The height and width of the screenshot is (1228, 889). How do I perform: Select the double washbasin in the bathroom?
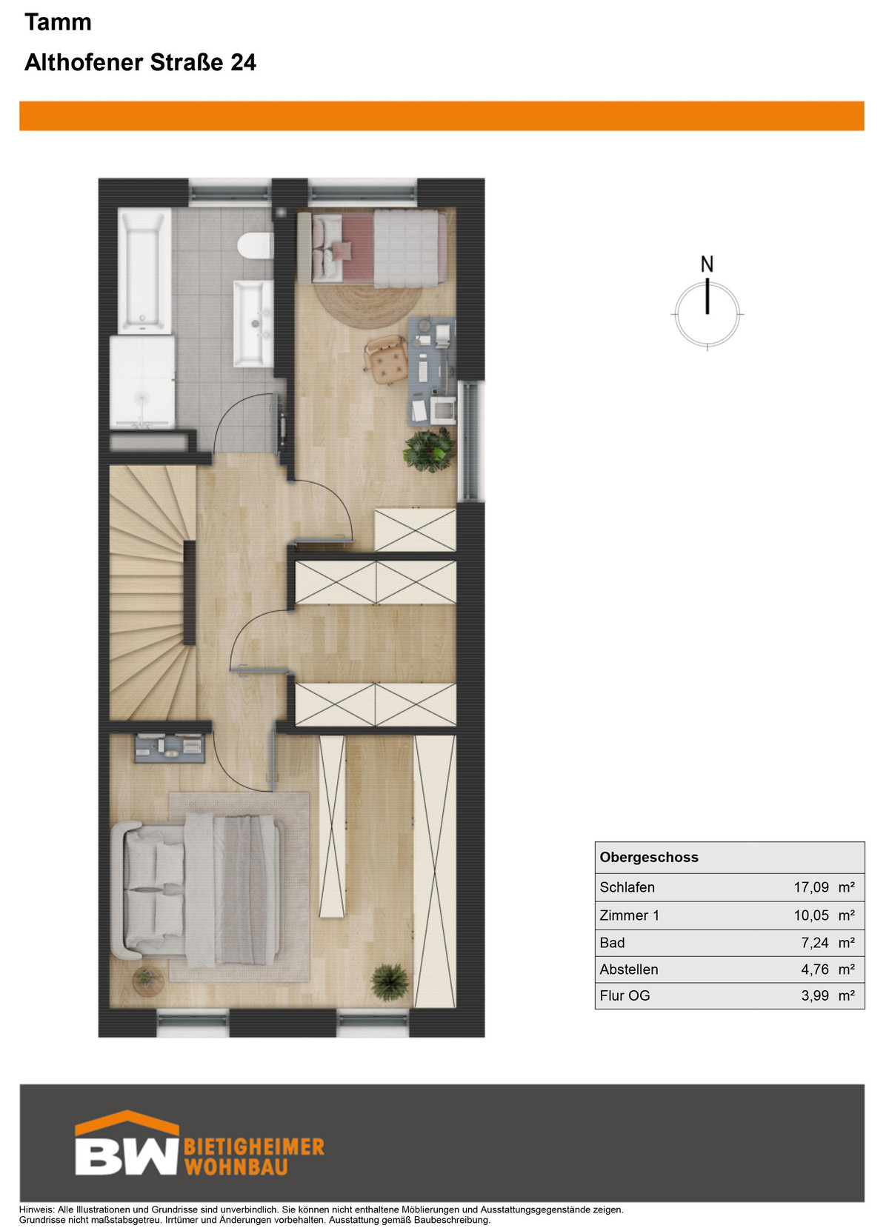253,324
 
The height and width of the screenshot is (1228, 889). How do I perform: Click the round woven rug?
367,304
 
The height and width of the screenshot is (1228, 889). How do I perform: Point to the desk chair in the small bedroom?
385,359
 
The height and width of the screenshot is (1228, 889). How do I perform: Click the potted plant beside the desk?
430,450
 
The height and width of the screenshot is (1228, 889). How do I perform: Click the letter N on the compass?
707,265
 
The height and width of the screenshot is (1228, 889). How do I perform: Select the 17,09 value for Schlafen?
811,887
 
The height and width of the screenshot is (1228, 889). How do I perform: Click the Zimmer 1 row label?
629,915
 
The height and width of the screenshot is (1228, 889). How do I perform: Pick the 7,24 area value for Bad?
815,942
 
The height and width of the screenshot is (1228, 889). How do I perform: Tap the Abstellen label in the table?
628,970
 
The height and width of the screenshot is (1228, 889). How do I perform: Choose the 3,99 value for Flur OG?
815,995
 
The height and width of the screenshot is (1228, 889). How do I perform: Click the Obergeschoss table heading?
649,858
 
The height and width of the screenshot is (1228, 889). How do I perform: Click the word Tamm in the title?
58,22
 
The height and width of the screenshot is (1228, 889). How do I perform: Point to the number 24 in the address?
243,62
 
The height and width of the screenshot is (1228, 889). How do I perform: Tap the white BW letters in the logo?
127,1157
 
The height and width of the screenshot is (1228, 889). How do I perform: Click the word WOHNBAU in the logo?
236,1167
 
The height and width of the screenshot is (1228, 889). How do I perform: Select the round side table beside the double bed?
148,980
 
